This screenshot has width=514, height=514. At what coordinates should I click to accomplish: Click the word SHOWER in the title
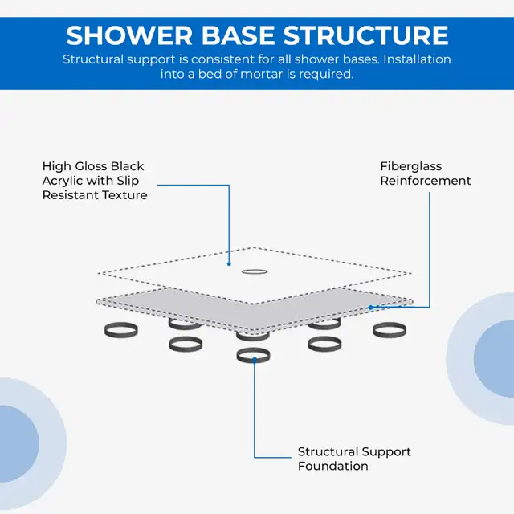[129, 35]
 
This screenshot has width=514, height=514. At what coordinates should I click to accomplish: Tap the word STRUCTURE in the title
[366, 35]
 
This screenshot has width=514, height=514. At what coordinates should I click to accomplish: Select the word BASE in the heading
[238, 35]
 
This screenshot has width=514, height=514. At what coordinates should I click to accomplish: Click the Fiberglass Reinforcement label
[425, 173]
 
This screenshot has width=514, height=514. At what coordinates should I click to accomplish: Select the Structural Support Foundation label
[354, 459]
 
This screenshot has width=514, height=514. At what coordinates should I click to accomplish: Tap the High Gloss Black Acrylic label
[95, 181]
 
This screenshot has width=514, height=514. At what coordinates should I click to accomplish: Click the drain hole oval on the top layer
[255, 271]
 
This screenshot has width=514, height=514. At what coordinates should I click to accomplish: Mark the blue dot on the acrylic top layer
[229, 264]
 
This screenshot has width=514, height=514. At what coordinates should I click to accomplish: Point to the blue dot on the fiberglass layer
[370, 308]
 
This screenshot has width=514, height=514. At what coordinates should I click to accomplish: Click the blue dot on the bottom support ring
[254, 361]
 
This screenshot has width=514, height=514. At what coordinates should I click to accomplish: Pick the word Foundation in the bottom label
[332, 466]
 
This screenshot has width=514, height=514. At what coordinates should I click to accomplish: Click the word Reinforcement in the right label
[425, 181]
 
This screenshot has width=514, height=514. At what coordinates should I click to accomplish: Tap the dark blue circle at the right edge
[494, 359]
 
